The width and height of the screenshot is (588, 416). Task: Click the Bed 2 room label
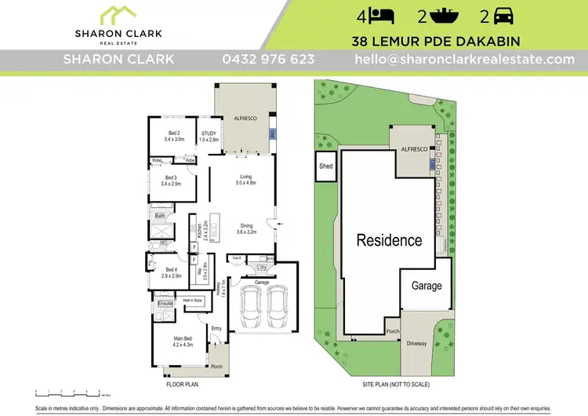174,133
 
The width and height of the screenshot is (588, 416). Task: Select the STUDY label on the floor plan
209,133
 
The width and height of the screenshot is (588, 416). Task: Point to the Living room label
245,177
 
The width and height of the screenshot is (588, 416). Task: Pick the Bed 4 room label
171,270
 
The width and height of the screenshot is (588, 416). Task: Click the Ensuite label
165,303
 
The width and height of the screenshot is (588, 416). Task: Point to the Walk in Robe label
193,300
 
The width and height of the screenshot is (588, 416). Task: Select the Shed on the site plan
325,166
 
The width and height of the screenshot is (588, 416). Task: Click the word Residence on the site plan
390,240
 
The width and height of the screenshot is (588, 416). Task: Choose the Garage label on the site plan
426,286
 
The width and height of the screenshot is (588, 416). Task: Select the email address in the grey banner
465,60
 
